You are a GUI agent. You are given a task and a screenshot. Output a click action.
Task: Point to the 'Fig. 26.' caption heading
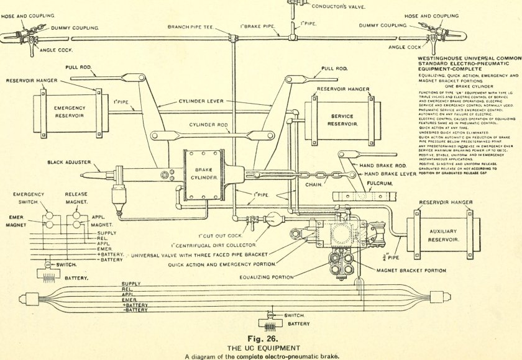coord(260,339)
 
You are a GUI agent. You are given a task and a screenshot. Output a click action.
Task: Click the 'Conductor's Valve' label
coord(338,7)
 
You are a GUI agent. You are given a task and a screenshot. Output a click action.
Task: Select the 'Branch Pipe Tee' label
coord(191,27)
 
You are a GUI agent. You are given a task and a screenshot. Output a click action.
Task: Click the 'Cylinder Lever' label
coord(201,101)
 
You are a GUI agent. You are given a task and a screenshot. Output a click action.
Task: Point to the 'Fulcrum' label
coord(381,184)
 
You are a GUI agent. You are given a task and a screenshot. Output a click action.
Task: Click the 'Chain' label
coord(314,184)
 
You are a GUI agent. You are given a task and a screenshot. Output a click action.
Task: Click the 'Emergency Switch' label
coord(29,198)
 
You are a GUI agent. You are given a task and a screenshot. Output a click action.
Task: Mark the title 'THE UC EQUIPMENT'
coord(260,348)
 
